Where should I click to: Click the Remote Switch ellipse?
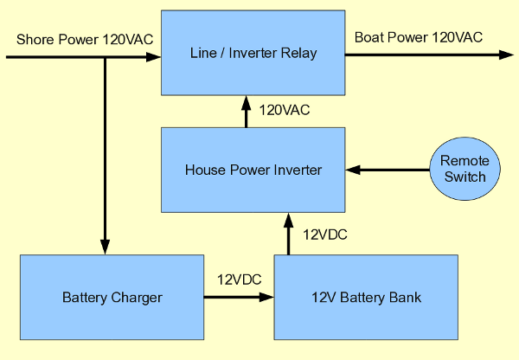(465, 169)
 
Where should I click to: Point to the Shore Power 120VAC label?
(83, 40)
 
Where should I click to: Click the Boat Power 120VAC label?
(419, 36)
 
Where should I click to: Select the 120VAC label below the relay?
(285, 110)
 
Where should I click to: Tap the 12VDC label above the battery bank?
(325, 234)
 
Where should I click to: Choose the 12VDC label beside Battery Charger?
(240, 279)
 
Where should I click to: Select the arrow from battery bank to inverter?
(289, 234)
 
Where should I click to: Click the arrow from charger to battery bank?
(239, 297)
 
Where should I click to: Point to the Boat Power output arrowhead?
(507, 55)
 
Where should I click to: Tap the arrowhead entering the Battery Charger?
(106, 247)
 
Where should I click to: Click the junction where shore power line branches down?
(106, 58)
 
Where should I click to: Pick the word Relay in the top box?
(298, 54)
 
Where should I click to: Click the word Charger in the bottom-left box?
(138, 299)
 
